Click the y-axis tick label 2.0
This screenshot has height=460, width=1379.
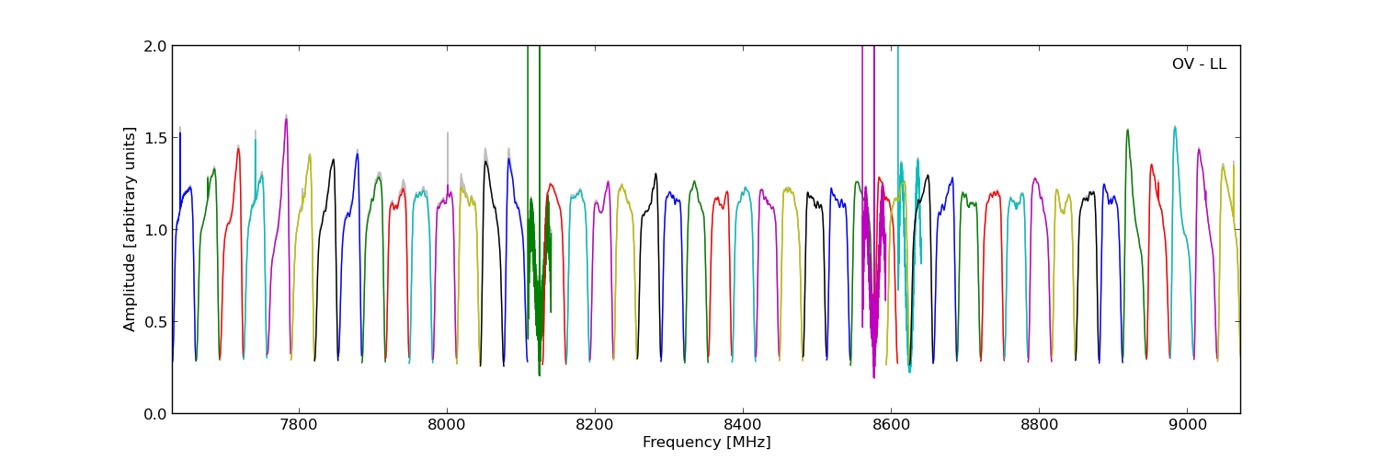[156, 46]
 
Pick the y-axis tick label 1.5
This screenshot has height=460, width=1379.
[156, 138]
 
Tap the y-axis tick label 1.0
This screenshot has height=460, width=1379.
[156, 230]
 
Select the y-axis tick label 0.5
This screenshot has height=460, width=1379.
[156, 322]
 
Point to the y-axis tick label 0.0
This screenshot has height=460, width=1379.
[156, 414]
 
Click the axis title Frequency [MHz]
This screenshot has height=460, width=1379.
[706, 443]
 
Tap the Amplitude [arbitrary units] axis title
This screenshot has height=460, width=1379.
[131, 229]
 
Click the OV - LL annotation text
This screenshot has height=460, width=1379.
[1199, 64]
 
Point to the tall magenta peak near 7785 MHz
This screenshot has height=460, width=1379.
[286, 119]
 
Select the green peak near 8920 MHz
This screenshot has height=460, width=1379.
[1127, 130]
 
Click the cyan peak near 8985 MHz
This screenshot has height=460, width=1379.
[1175, 127]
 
